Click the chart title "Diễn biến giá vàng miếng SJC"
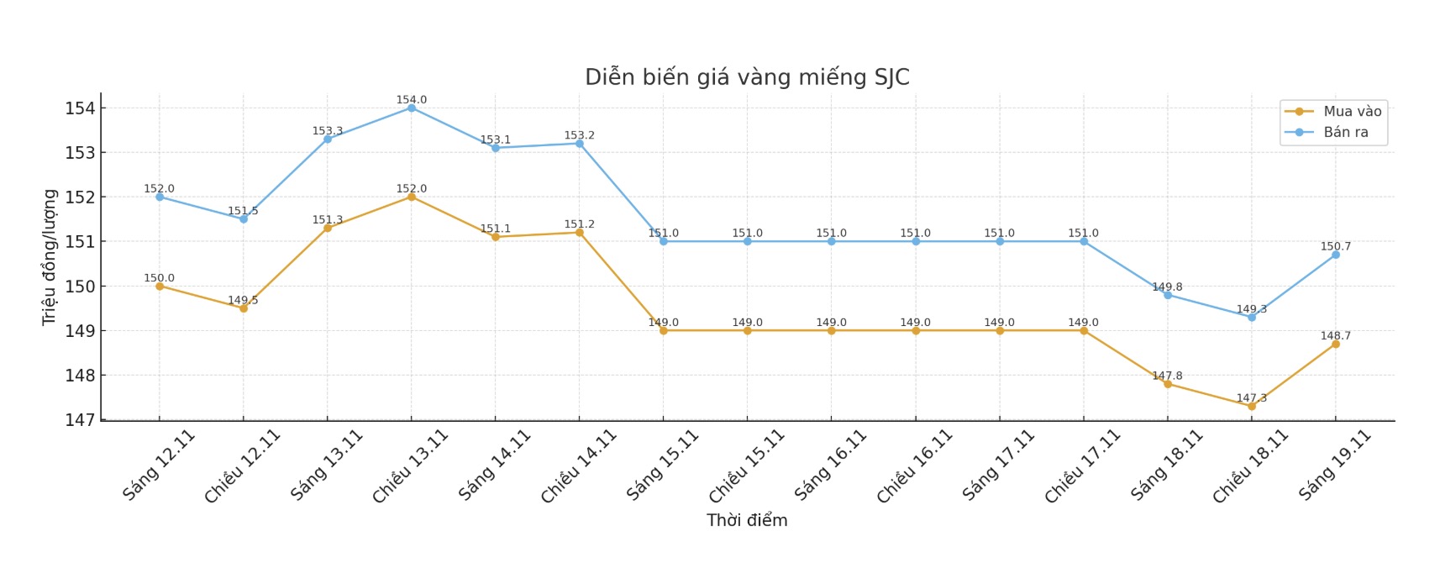pos(747,77)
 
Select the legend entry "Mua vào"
pos(1352,111)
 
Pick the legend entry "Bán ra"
pos(1345,132)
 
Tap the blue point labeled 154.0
pos(412,108)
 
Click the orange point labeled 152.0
pos(412,197)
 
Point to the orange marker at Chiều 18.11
pos(1252,406)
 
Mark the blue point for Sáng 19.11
pos(1336,255)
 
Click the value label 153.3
pos(328,131)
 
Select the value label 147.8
pos(1167,376)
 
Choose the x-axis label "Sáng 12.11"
pos(158,465)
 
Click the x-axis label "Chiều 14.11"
pos(578,467)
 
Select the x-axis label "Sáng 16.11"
pos(830,465)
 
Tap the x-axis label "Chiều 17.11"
pos(1082,467)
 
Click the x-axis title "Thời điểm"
pos(747,520)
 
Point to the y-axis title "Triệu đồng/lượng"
pos(50,257)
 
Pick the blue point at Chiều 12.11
pos(244,218)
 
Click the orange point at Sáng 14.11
pos(496,237)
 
